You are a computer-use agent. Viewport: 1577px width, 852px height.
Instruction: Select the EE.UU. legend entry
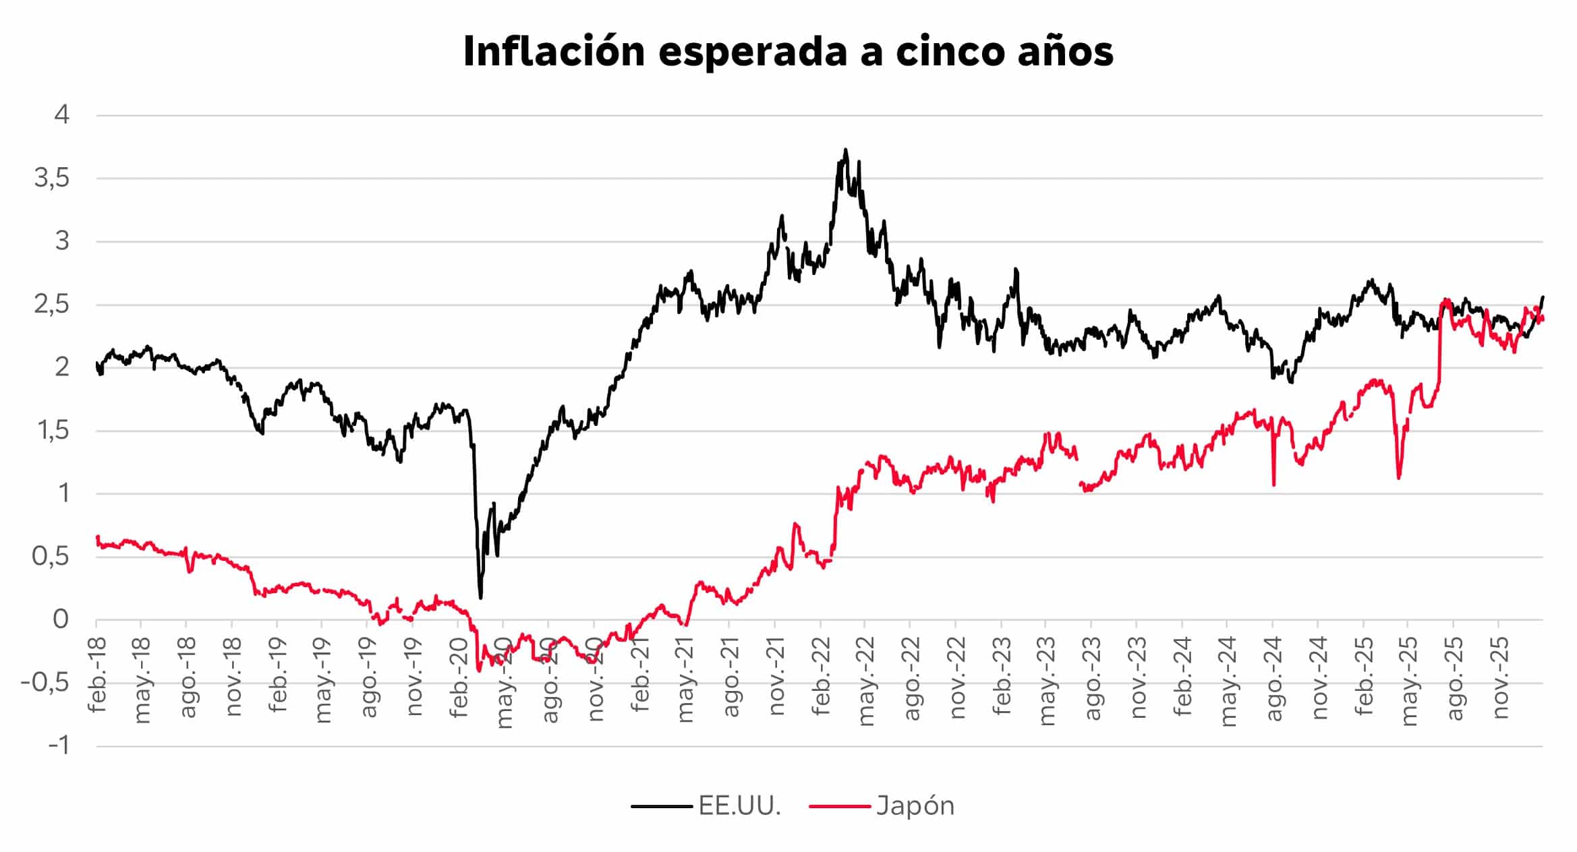[x=739, y=805]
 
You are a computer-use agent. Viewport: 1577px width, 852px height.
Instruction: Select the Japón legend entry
[x=915, y=805]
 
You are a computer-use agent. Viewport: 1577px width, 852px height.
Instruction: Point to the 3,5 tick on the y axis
[x=52, y=179]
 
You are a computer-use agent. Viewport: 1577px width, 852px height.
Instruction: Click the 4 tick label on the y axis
[x=62, y=115]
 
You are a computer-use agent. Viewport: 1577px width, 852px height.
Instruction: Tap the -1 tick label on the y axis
[x=59, y=746]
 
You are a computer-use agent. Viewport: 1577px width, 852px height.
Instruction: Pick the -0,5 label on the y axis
[x=45, y=683]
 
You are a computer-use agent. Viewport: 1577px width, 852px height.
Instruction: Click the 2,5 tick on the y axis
[x=52, y=305]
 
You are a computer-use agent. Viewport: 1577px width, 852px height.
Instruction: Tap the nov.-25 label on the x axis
[x=1500, y=677]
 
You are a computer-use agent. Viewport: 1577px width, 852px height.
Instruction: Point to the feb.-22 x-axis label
[x=822, y=673]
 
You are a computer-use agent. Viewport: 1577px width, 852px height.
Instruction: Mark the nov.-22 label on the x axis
[x=958, y=677]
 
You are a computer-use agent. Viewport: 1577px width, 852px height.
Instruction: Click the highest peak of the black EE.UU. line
[x=846, y=150]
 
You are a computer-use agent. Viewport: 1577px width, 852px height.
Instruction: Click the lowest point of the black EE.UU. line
[x=480, y=597]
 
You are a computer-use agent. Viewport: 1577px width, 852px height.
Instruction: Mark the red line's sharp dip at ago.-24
[x=1273, y=484]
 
